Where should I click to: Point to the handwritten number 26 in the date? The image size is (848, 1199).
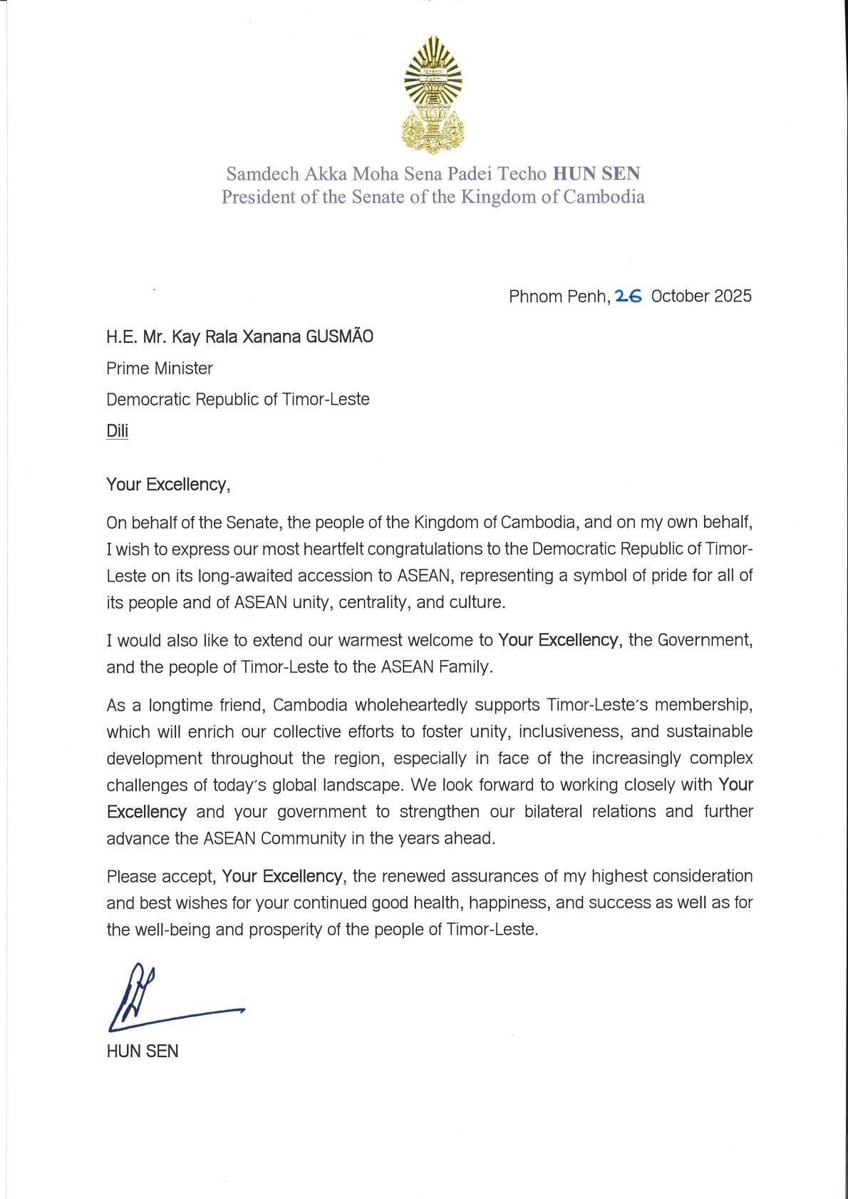[x=629, y=296]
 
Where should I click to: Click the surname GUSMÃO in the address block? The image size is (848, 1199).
[x=339, y=336]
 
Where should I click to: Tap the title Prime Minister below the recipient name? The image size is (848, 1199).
[x=160, y=369]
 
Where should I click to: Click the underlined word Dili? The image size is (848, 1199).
[x=118, y=431]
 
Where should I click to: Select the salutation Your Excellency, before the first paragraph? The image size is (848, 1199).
[x=168, y=485]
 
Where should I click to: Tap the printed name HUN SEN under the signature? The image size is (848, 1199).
[x=143, y=1051]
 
